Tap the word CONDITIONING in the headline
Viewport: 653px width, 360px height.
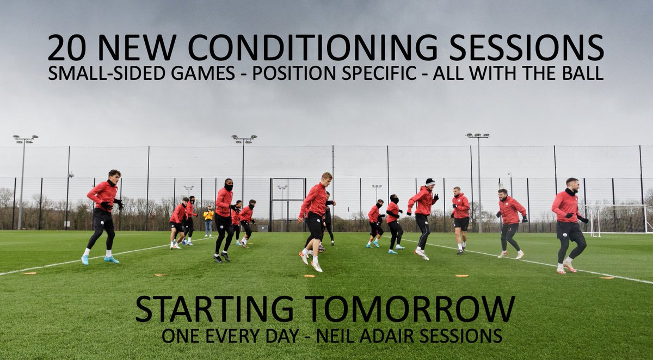297,48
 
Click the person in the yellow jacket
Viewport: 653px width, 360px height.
208,220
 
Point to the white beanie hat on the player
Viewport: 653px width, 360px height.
430,182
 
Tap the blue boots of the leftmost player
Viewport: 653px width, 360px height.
98,259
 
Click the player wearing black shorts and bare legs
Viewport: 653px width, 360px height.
461,223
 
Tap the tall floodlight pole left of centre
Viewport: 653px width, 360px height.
243,174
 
